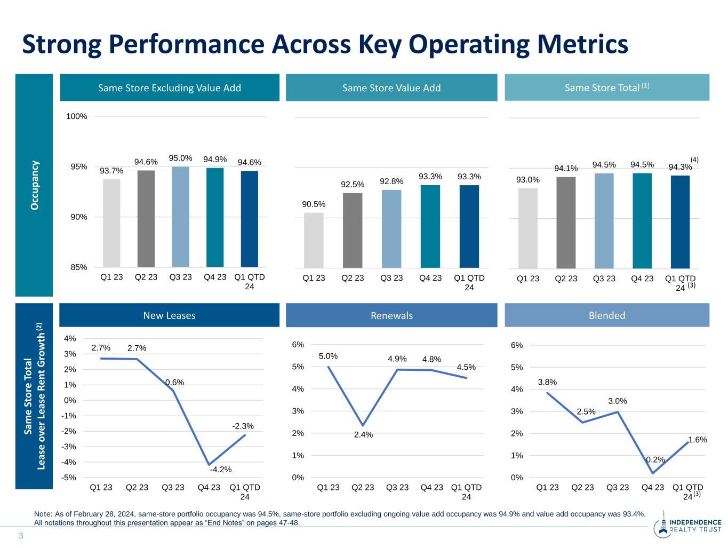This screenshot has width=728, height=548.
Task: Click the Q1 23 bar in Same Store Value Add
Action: tap(314, 240)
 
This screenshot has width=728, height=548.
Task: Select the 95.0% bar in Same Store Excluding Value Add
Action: tap(180, 217)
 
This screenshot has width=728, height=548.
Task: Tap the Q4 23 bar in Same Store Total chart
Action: tap(642, 221)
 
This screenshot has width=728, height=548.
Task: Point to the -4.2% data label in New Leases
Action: tap(221, 470)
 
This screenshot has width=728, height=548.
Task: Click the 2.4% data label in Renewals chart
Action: tap(363, 434)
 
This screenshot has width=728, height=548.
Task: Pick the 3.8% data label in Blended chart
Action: tap(547, 382)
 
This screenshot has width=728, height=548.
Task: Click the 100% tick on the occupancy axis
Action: tap(77, 116)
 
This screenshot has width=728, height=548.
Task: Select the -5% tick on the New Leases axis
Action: tap(69, 478)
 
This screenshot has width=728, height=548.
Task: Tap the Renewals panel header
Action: tap(391, 315)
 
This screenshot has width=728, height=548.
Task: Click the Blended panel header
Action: tap(607, 315)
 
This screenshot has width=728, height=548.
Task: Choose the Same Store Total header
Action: tap(607, 88)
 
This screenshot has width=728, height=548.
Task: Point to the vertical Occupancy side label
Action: tap(35, 186)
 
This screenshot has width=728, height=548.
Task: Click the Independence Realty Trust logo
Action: tap(687, 527)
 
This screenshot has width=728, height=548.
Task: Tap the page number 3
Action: tap(21, 536)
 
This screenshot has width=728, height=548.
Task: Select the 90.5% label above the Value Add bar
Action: tap(314, 204)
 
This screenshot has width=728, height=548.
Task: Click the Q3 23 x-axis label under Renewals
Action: tap(397, 487)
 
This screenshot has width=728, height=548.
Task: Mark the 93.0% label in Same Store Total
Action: tap(527, 180)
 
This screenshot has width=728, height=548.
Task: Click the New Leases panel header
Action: tap(169, 315)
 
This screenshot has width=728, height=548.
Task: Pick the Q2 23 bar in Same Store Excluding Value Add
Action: tap(146, 219)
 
